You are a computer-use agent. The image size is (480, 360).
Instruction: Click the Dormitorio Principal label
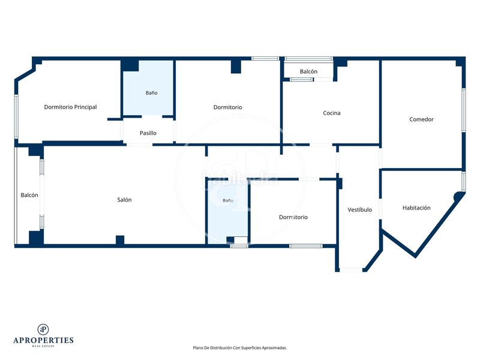(70, 107)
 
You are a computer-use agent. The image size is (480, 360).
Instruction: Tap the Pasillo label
(148, 133)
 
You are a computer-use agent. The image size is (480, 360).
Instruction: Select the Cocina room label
(332, 113)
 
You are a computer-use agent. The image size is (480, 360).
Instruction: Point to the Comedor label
(422, 119)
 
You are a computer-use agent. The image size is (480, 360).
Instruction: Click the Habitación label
(416, 208)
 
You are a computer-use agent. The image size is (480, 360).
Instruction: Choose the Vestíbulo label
(359, 209)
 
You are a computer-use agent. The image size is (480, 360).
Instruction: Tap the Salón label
(124, 200)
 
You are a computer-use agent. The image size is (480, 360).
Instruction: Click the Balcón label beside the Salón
(29, 195)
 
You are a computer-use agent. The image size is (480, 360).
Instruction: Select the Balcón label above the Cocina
(308, 71)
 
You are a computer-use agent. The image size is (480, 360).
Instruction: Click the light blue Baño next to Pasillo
(149, 88)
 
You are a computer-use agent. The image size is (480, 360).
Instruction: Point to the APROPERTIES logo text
(43, 340)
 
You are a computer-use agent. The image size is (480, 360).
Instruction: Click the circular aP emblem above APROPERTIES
(43, 329)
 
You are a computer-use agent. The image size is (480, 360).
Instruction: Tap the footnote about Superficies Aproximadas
(239, 348)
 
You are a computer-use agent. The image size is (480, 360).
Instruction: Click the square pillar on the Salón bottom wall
(120, 240)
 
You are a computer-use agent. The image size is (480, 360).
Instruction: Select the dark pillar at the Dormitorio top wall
(236, 67)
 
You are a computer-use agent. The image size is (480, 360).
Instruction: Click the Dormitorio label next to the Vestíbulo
(293, 217)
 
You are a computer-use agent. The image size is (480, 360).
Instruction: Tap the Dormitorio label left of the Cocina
(228, 107)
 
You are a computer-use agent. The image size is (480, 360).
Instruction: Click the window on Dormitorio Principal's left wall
(17, 116)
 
